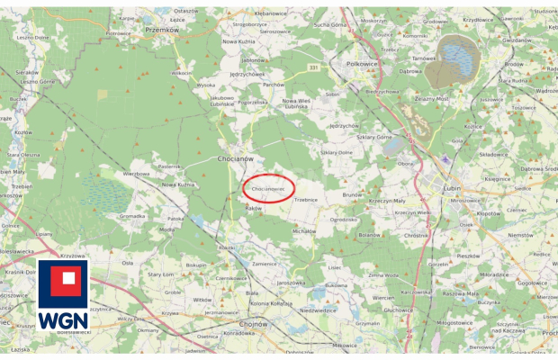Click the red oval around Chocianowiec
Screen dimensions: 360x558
point(268,188)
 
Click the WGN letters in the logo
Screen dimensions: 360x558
point(63,319)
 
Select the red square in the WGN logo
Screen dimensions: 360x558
point(63,282)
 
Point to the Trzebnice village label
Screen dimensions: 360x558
point(305,199)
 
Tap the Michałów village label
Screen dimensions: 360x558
point(303,230)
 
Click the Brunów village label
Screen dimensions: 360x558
point(352,194)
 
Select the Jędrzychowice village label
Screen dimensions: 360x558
point(245,74)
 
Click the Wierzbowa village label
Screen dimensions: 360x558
point(136,172)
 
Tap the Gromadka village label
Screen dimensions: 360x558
point(132,216)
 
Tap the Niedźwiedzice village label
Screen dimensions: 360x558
point(317,310)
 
